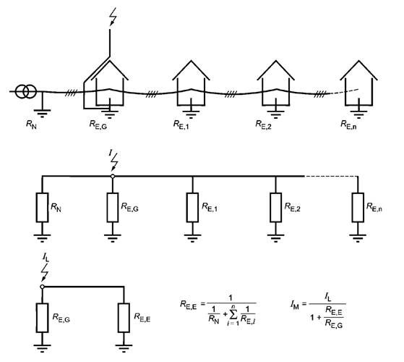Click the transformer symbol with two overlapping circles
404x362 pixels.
coord(26,91)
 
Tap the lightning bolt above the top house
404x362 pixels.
coord(113,17)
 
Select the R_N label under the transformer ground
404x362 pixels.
coord(31,125)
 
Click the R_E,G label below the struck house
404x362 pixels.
coord(98,125)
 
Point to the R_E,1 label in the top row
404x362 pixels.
coord(181,125)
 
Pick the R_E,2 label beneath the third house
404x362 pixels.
coord(263,125)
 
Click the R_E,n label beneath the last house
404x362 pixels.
coord(348,125)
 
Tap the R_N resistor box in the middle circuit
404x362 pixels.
coord(42,207)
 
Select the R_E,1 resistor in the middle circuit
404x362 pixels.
coord(192,207)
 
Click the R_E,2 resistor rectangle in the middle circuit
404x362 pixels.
coord(275,207)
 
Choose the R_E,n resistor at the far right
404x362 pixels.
coord(358,207)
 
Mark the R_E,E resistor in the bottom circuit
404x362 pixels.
coord(124,318)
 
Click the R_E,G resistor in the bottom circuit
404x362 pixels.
coord(42,318)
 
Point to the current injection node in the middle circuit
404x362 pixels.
coord(112,176)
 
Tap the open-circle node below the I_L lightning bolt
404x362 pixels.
coord(42,287)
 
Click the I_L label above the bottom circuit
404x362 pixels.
coord(46,258)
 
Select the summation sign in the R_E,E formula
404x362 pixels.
coord(233,313)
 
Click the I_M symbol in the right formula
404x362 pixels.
coord(294,306)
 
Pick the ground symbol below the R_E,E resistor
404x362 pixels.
coord(124,348)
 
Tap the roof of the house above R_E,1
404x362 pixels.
coord(191,70)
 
